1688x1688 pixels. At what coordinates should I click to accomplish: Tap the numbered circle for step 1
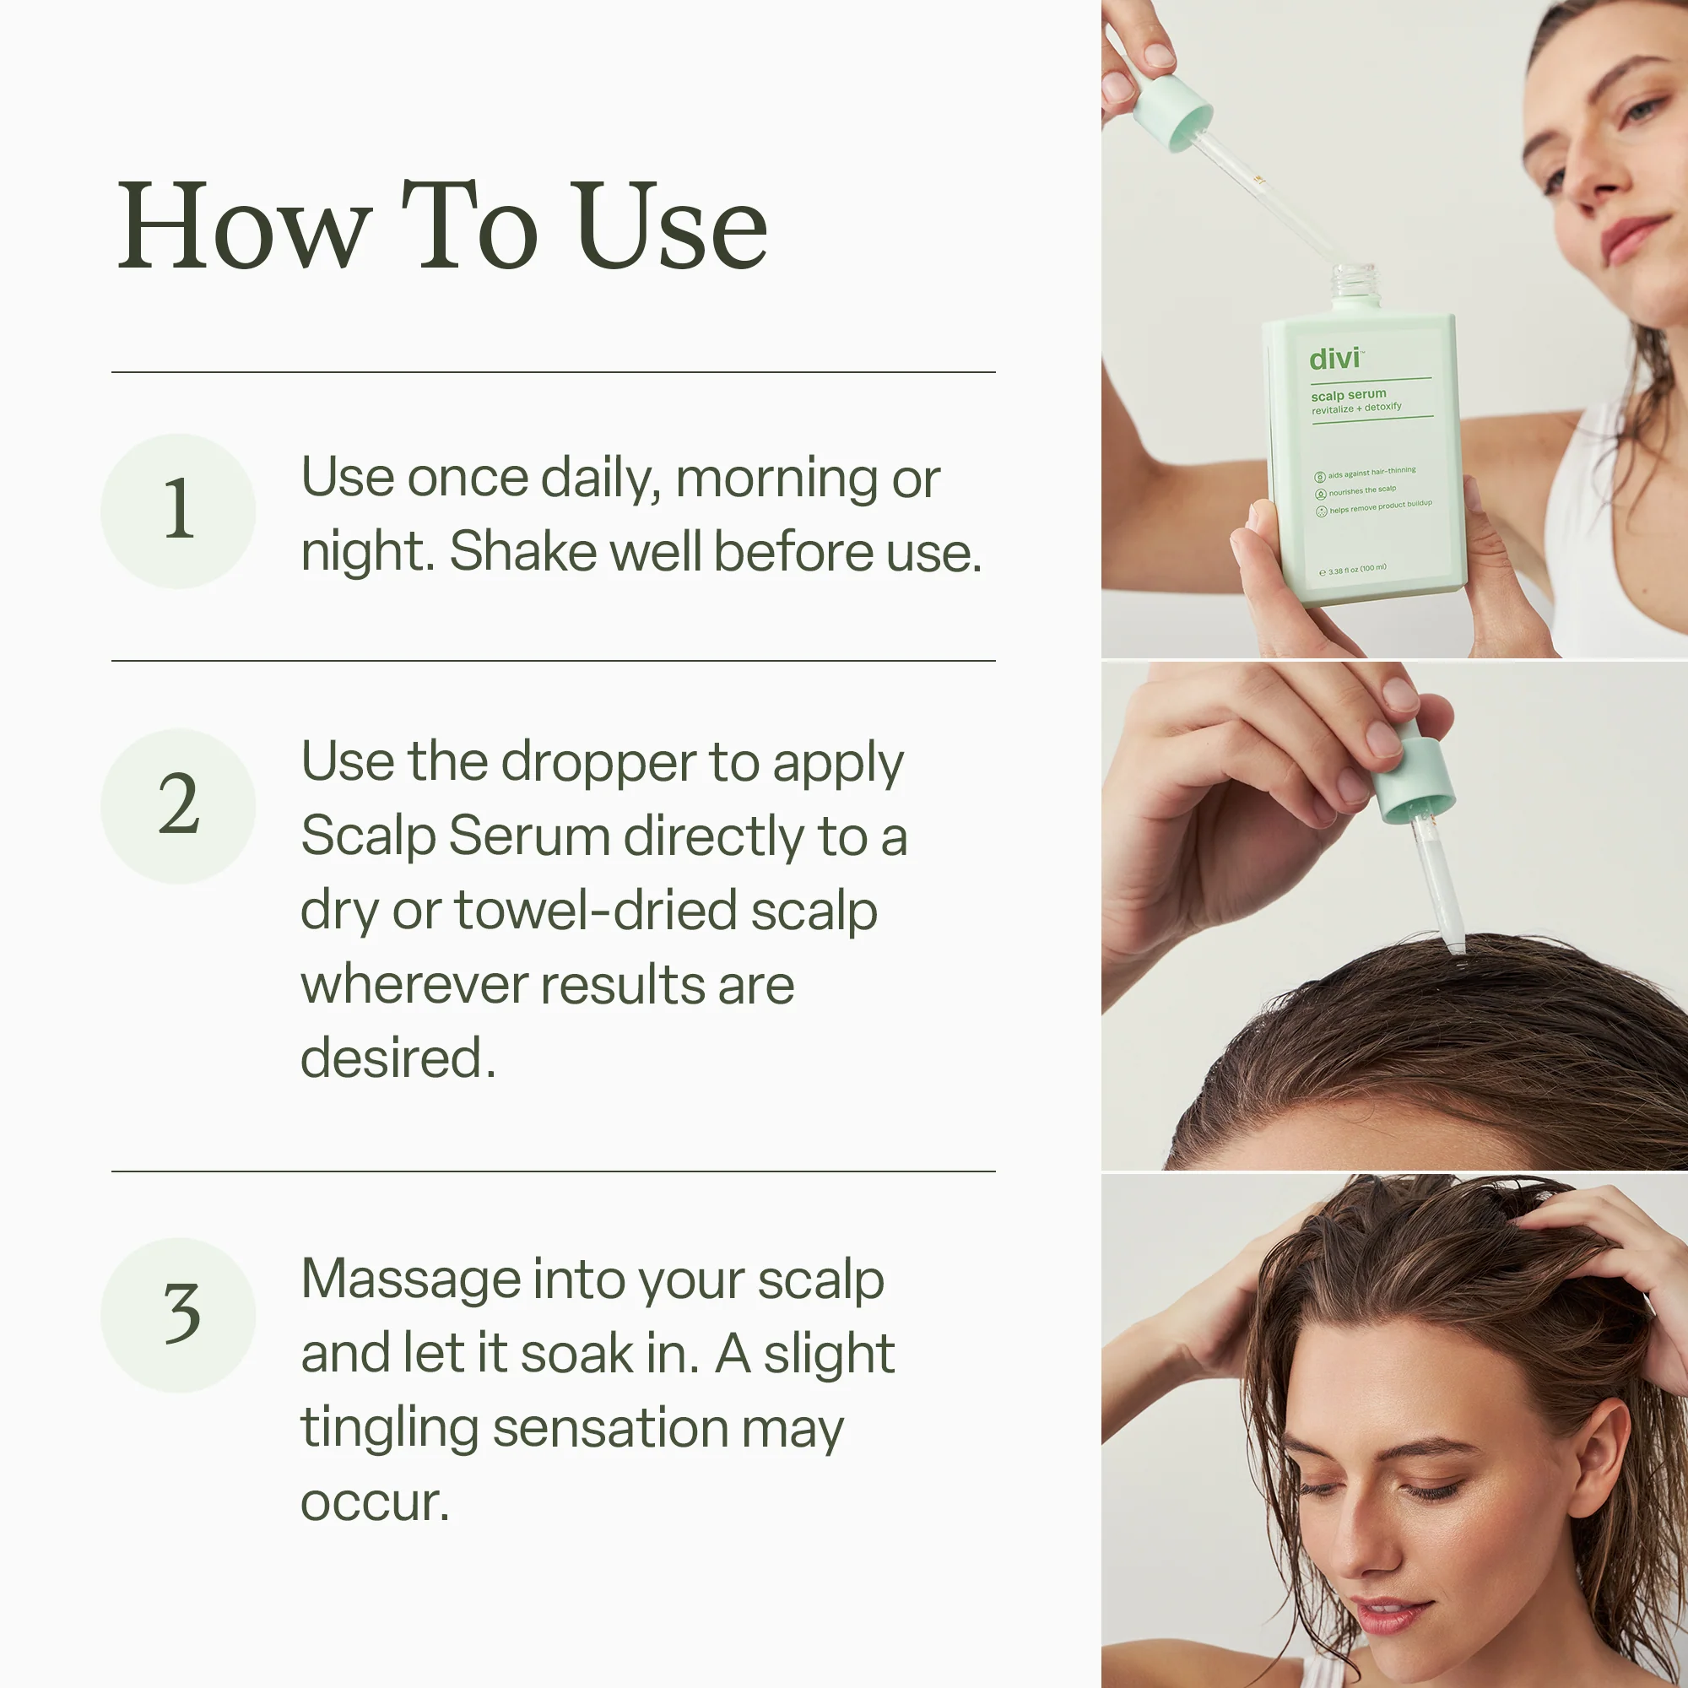[178, 511]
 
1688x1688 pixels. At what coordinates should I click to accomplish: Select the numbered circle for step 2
[178, 805]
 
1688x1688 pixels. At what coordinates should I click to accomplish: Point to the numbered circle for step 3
[178, 1314]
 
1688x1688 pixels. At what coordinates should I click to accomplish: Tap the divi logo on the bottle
[1335, 359]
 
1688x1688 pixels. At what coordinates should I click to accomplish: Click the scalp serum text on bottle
[1348, 395]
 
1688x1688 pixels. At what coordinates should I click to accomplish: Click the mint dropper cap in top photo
[1171, 109]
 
